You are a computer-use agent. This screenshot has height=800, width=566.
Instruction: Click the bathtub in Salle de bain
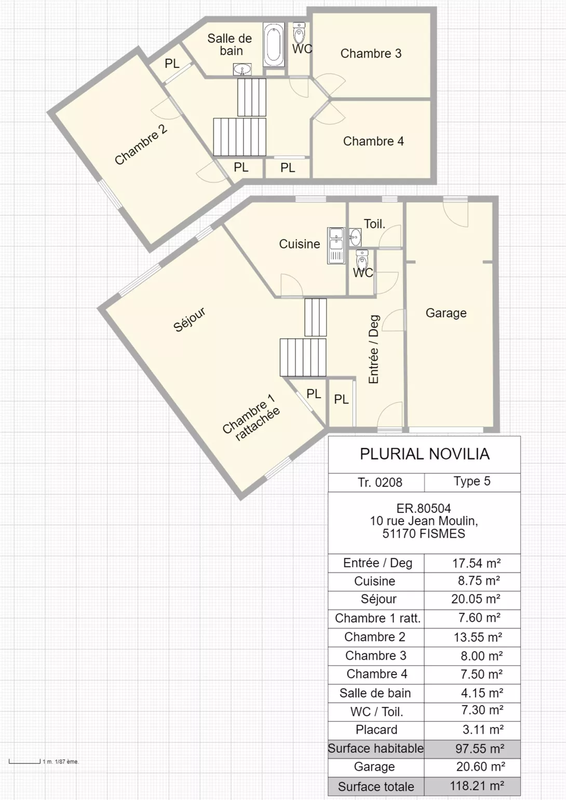click(x=274, y=45)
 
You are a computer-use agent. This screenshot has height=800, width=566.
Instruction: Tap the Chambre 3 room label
click(x=371, y=53)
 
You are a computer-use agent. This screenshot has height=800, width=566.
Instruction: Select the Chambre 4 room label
click(x=373, y=141)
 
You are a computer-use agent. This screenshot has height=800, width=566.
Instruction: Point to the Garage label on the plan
click(x=446, y=313)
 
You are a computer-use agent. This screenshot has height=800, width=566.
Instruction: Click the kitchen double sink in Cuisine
click(x=336, y=246)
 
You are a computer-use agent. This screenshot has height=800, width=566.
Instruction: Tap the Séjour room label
click(x=190, y=319)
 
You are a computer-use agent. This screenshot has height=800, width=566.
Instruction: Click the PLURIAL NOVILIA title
click(x=425, y=454)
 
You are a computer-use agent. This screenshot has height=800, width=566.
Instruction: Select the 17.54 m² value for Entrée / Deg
click(x=476, y=563)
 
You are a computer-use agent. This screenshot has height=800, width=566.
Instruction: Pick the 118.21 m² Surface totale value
click(x=477, y=785)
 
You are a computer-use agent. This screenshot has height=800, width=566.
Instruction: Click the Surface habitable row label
click(x=376, y=748)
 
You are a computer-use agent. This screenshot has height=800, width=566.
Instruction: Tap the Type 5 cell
click(x=472, y=481)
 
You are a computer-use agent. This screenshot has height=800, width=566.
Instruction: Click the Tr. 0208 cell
click(x=380, y=482)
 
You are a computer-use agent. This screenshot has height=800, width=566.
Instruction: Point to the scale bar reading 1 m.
click(x=24, y=762)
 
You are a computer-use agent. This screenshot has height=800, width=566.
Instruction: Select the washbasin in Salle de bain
click(x=242, y=69)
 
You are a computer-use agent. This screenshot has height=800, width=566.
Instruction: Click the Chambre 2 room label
click(x=141, y=144)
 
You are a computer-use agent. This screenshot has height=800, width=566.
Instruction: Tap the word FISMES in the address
click(x=442, y=534)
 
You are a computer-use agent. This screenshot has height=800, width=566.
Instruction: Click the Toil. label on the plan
click(x=374, y=224)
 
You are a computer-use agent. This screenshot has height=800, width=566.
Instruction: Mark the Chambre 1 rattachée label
click(x=251, y=418)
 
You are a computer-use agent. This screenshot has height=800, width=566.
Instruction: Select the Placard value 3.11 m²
click(x=483, y=729)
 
